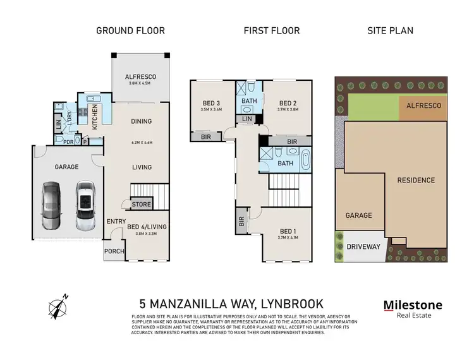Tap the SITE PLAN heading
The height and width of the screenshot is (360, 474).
(390, 30)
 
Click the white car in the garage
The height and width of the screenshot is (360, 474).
(84, 206)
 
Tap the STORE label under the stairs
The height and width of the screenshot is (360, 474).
(142, 204)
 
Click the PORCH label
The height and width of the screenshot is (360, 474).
(114, 251)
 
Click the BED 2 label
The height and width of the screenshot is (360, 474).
(288, 103)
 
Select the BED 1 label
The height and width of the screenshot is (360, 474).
(287, 231)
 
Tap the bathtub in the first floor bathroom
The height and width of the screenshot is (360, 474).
(307, 160)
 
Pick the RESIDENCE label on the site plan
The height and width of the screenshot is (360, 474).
(416, 180)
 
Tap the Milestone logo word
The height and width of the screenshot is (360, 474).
(413, 306)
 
